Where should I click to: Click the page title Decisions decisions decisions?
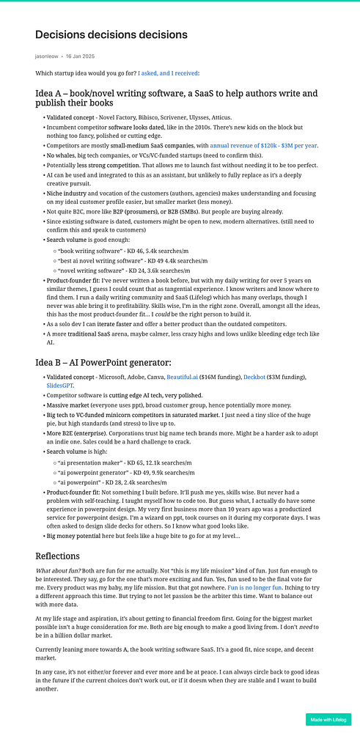(111, 35)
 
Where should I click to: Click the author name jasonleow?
(48, 56)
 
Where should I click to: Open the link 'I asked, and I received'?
(168, 73)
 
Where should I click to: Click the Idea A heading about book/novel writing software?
(176, 98)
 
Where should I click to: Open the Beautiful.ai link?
(187, 377)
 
